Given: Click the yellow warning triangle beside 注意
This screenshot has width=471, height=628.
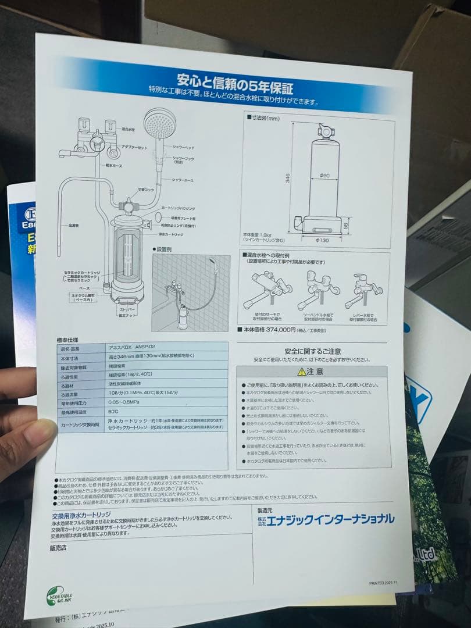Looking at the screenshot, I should [x=301, y=371].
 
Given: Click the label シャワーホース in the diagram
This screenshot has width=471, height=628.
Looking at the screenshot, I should [x=182, y=181].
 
